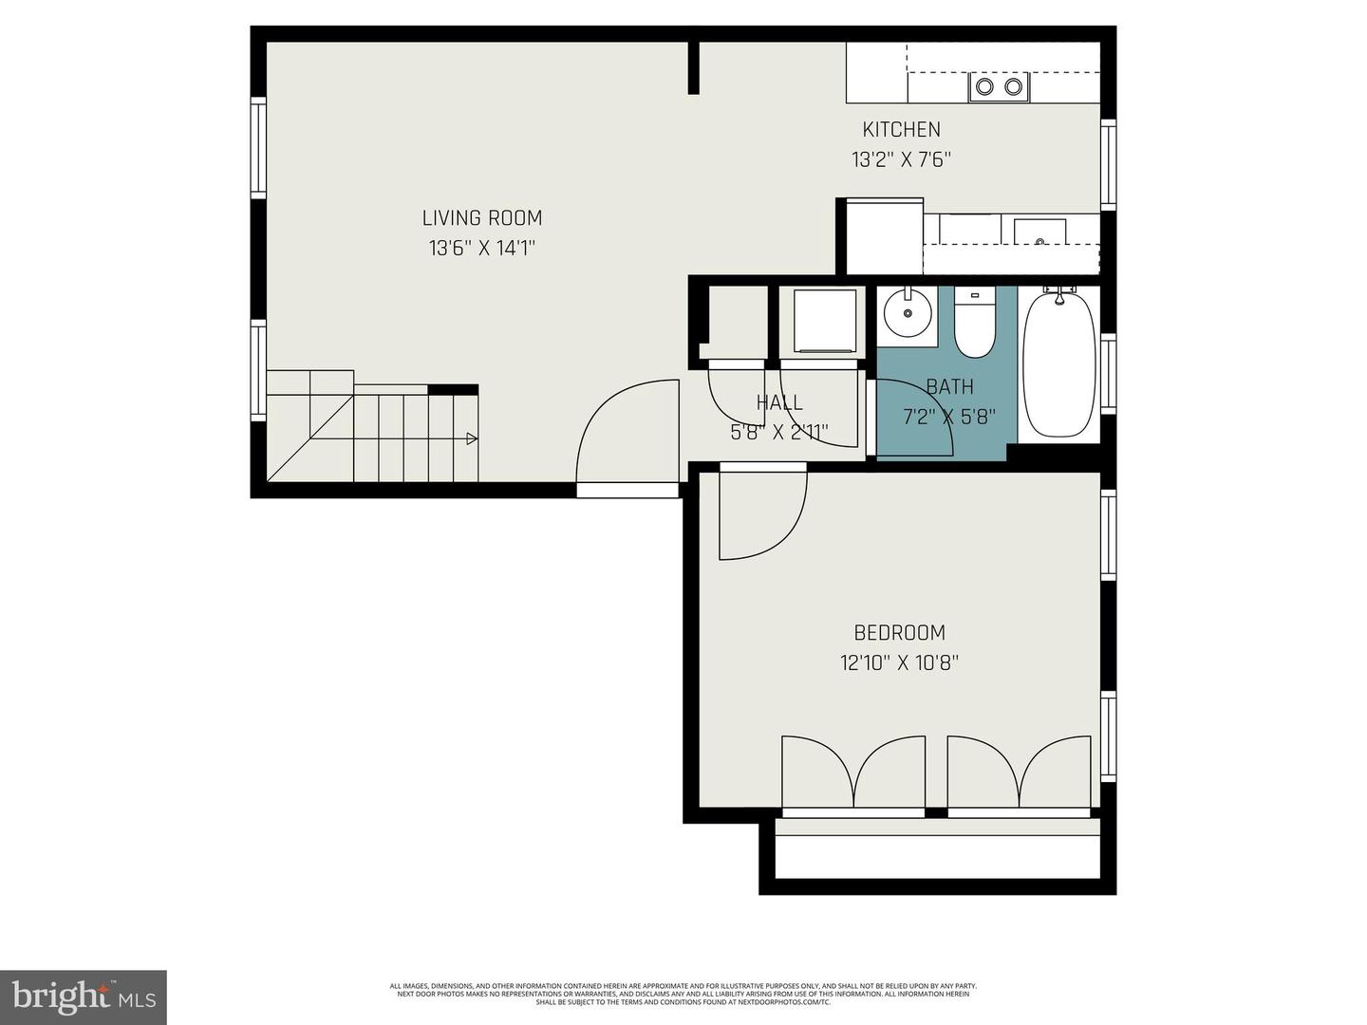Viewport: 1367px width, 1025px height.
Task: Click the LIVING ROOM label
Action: click(482, 218)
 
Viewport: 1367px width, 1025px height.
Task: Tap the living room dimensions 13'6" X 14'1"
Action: click(482, 249)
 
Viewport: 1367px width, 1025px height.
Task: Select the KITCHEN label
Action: click(901, 130)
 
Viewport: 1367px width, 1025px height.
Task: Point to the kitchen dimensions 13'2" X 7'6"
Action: click(901, 159)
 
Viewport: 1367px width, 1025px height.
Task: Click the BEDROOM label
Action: click(899, 633)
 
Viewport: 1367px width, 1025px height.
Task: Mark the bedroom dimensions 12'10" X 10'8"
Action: click(899, 662)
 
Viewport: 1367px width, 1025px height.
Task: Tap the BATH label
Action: click(949, 387)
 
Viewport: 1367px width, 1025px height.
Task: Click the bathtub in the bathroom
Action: click(1058, 364)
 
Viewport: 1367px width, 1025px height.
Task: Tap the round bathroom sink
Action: click(907, 311)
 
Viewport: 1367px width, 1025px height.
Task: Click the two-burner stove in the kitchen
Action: click(999, 87)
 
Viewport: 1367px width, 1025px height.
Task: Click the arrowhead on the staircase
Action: click(471, 438)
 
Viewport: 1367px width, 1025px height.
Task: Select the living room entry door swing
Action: click(627, 432)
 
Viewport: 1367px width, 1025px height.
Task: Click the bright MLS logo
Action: click(84, 997)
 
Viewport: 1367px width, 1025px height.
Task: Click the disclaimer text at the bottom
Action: click(683, 994)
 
